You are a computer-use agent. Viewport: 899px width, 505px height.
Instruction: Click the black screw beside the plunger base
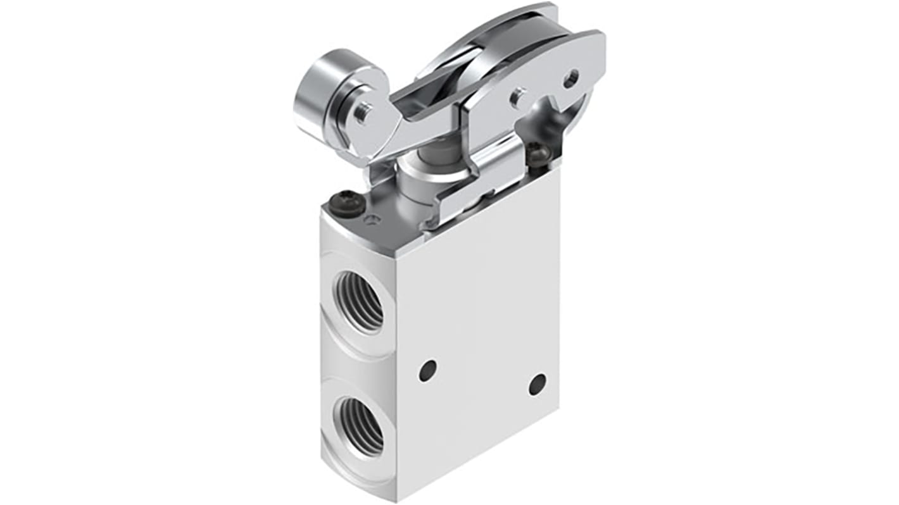[x=351, y=203]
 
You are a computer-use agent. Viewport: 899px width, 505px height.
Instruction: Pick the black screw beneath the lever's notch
[x=538, y=153]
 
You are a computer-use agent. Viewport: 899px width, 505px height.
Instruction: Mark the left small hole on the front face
[x=428, y=370]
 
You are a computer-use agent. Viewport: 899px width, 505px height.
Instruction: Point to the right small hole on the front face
[x=537, y=383]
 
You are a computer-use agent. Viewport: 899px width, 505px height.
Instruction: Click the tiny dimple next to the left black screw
[x=374, y=220]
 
